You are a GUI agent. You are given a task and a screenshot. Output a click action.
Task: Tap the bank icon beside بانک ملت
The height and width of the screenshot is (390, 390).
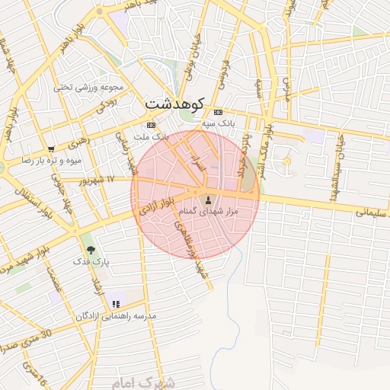[151, 124]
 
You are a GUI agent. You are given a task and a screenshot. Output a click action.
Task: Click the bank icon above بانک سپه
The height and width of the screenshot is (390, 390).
[219, 110]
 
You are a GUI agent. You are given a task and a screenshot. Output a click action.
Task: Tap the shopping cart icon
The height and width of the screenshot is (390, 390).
[50, 149]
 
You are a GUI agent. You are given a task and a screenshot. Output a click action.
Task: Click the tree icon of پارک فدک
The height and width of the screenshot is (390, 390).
[91, 249]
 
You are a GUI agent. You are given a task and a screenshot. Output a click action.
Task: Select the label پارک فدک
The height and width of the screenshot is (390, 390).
[91, 261]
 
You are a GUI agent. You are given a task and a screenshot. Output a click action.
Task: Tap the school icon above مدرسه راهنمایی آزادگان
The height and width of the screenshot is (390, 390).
[116, 304]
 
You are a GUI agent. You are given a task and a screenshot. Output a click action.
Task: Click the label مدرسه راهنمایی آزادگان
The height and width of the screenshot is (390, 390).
[116, 315]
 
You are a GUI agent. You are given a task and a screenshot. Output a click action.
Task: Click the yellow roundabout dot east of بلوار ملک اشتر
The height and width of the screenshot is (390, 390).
[287, 161]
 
